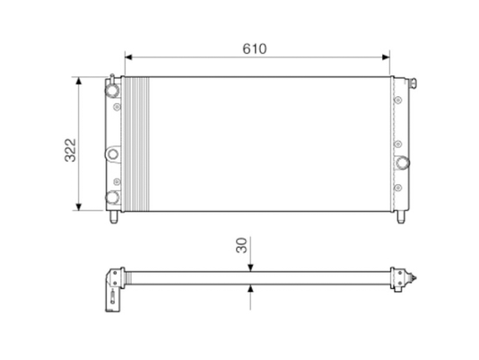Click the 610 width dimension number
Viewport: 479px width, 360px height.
[x=255, y=48]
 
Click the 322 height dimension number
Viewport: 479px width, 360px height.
[x=71, y=150]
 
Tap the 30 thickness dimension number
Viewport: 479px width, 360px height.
[x=241, y=245]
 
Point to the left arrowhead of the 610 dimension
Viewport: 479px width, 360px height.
[x=128, y=57]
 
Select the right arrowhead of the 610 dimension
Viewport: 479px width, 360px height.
[x=386, y=57]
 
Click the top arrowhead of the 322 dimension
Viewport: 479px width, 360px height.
[x=79, y=81]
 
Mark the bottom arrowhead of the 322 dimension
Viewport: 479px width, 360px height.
[x=79, y=207]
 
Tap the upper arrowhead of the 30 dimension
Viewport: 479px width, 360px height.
[x=250, y=268]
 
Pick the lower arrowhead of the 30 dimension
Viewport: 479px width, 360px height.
[x=250, y=288]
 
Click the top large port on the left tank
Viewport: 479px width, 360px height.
[x=112, y=90]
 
